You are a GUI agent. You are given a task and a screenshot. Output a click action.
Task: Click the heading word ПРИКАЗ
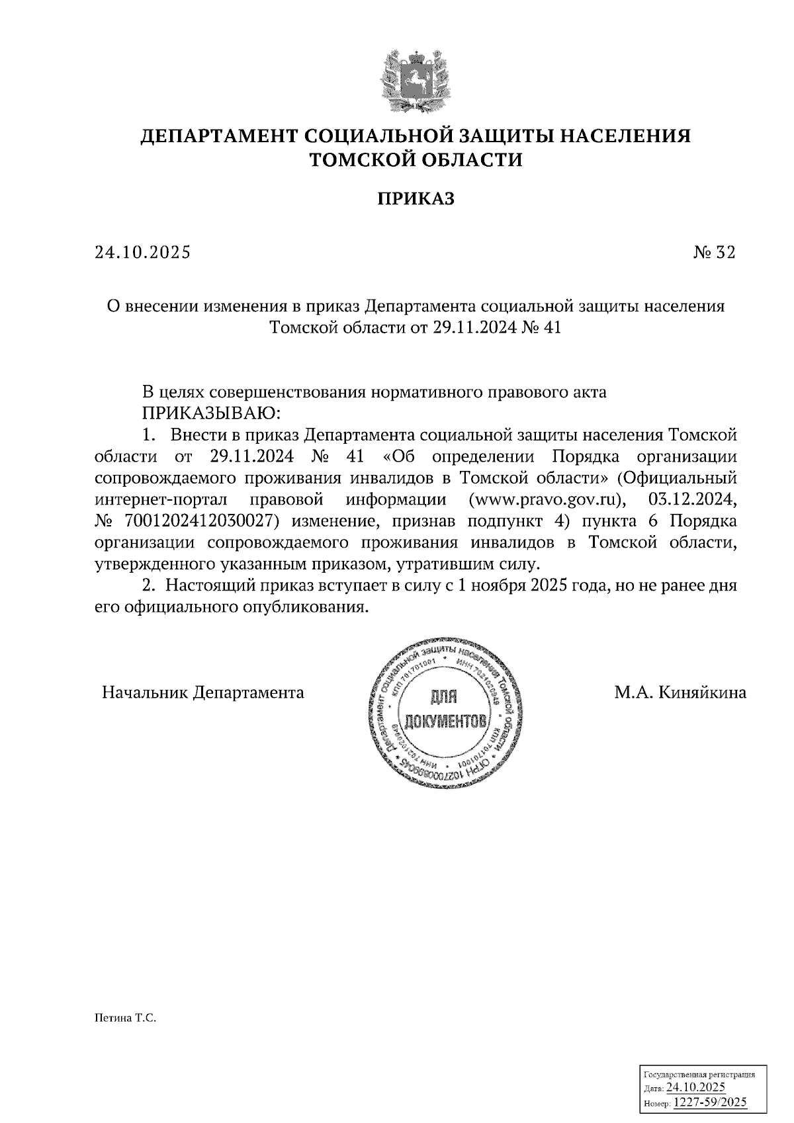click(416, 199)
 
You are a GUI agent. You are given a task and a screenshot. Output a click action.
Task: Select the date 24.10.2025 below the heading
click(142, 252)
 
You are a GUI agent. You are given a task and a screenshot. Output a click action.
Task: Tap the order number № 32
click(714, 252)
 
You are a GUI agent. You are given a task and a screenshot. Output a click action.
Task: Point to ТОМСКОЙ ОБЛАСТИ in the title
click(416, 160)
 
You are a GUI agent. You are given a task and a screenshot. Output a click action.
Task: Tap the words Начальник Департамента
click(203, 692)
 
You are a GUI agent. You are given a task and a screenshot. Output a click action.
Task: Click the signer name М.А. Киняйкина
click(680, 692)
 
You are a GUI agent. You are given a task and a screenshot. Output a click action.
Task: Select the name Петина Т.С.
click(124, 1019)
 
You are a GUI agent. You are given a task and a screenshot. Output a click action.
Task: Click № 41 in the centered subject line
click(541, 327)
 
